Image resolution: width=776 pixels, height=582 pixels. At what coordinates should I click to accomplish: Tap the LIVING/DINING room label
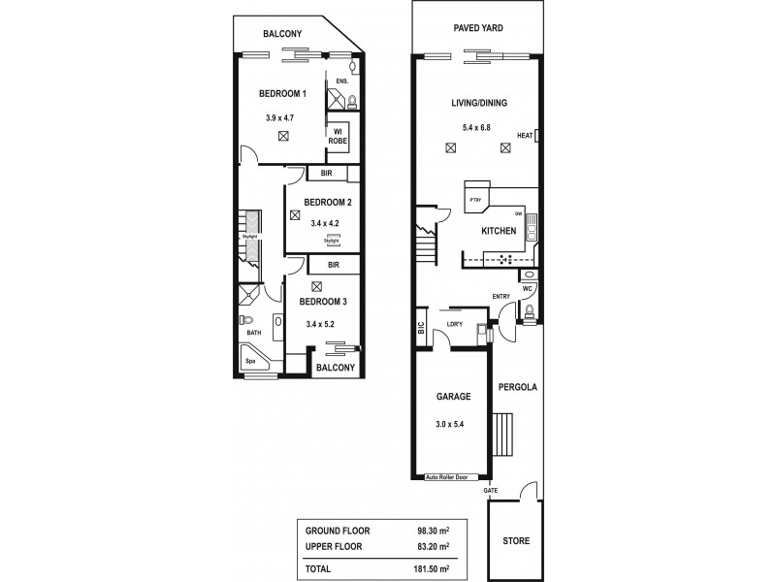coord(478,103)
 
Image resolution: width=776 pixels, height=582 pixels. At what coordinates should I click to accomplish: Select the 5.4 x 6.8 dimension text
coord(478,126)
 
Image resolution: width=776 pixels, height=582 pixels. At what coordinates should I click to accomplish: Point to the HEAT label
coord(525,136)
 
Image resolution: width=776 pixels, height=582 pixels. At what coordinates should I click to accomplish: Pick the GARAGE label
coord(453,397)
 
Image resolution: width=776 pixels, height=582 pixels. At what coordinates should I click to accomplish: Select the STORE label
coord(516,540)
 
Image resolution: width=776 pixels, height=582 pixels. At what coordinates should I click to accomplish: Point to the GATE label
coord(491,492)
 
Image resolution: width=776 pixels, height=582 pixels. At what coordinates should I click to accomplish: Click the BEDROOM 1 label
coord(282,94)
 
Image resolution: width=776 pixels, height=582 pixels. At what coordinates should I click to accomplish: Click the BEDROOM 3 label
coord(328,303)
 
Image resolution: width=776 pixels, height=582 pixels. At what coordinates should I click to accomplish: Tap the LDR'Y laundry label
coord(453,325)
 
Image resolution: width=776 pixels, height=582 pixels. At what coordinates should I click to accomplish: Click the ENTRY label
coord(501,296)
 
